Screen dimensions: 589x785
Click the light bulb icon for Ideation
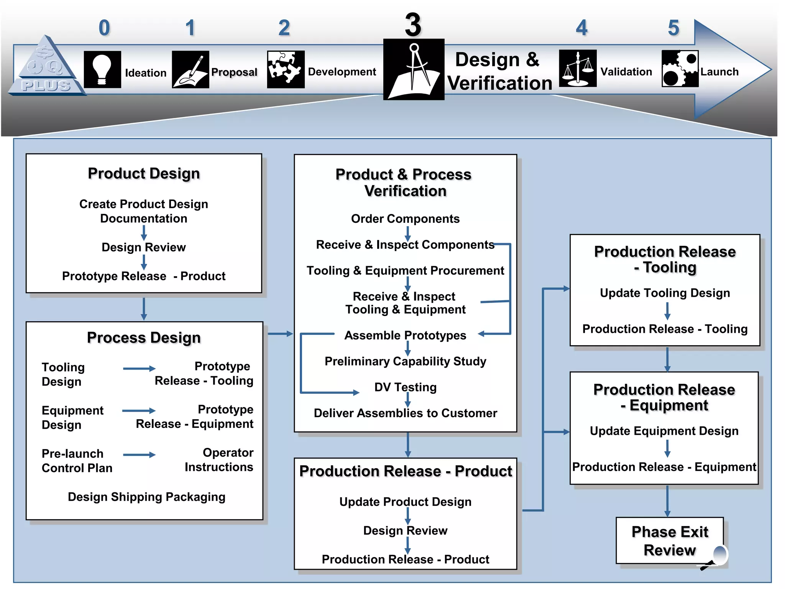coord(102,70)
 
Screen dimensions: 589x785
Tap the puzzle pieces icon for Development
coord(286,69)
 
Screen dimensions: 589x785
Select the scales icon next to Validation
coord(578,69)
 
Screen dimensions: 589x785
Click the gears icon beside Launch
coord(680,69)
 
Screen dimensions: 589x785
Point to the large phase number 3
coord(413,25)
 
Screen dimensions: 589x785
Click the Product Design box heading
coord(144,173)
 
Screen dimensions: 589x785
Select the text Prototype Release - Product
coord(144,276)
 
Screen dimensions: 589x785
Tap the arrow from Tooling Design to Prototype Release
coord(139,369)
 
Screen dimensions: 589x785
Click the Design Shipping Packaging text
coord(146,497)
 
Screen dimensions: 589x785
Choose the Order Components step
coord(405,219)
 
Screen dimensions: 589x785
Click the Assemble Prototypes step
coord(405,336)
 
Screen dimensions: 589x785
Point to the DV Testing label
coord(405,387)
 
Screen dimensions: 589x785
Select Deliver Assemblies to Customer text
coord(405,413)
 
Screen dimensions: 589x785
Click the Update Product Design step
coord(405,502)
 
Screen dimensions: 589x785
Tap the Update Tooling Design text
coord(665,293)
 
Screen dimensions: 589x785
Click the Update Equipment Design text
coord(664,431)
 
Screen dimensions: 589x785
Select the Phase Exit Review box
coord(669,541)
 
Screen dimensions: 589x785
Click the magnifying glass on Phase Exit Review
coord(719,556)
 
